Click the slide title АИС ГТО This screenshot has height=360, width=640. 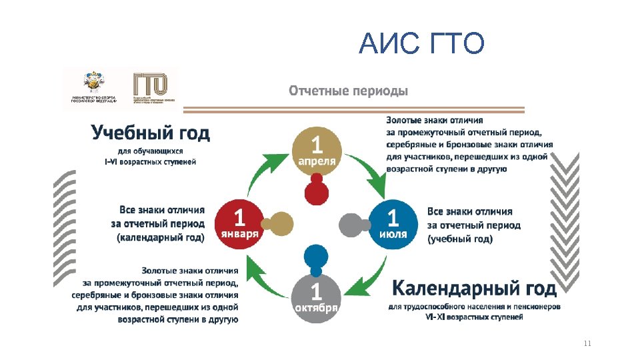421,45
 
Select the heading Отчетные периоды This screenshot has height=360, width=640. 348,90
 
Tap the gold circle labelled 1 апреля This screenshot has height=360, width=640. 317,150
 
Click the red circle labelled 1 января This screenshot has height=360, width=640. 239,223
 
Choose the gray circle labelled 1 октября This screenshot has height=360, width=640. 317,297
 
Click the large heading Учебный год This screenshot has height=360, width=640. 151,133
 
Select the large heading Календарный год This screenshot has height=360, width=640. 473,288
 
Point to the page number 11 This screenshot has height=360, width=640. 587,343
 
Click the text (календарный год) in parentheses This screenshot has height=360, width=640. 161,237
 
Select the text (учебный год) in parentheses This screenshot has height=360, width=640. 460,238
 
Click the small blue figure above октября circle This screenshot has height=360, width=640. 316,259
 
